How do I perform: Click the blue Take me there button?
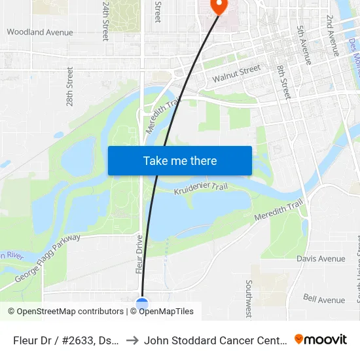tap(179, 161)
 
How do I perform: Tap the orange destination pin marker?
tap(217, 6)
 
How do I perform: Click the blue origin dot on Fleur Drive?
tap(142, 304)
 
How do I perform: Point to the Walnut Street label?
tap(236, 74)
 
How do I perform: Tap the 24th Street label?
tap(105, 20)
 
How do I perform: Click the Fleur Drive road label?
tap(139, 254)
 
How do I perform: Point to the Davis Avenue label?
tap(321, 259)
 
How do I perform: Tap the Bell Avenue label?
tap(323, 300)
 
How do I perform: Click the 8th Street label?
tap(283, 82)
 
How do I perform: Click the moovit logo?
tap(321, 339)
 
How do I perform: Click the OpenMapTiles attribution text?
tap(164, 312)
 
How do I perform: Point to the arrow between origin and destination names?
tap(132, 340)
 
